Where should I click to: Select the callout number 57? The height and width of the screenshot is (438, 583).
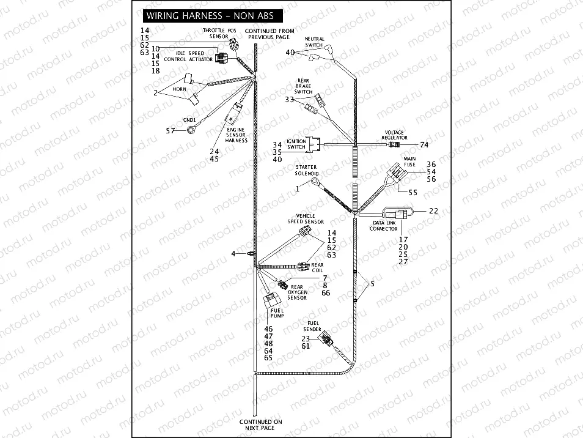[x=170, y=130]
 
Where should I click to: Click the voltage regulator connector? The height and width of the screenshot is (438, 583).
[x=396, y=145]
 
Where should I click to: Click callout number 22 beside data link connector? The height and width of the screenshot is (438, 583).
[x=433, y=210]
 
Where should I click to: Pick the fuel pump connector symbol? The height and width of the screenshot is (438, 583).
[x=271, y=301]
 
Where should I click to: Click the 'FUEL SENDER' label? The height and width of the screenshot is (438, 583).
[x=313, y=325]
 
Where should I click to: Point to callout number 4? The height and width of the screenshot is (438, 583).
[x=233, y=253]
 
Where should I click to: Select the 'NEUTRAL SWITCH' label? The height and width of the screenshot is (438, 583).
[x=314, y=42]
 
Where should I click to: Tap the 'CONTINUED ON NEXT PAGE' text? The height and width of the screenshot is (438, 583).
[x=260, y=425]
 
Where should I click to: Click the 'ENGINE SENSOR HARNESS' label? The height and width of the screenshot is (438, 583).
[x=236, y=135]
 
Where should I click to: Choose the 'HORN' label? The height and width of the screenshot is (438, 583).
[x=179, y=89]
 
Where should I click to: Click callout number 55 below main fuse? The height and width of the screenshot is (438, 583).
[x=413, y=192]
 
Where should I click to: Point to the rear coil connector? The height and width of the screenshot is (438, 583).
[x=302, y=266]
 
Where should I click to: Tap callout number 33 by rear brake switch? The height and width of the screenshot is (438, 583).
[x=289, y=99]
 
